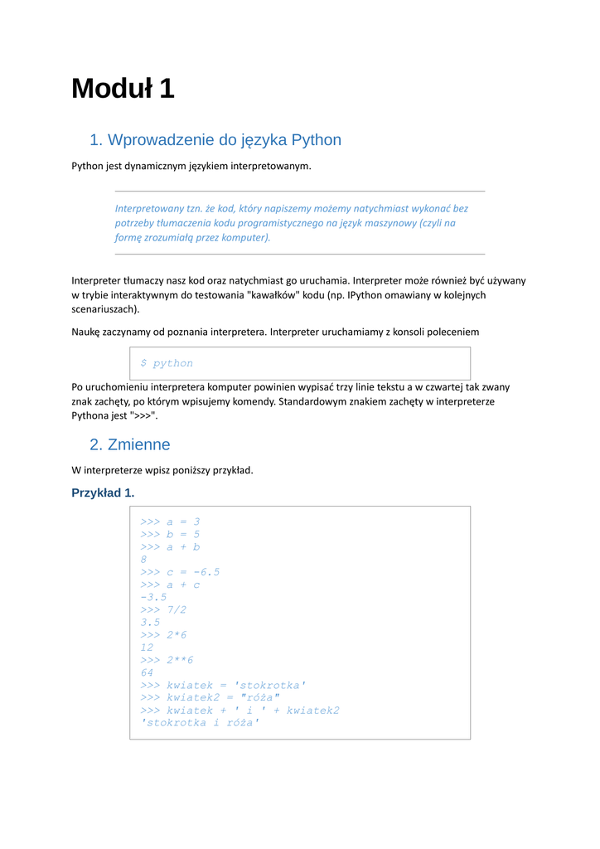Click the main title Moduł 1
pyautogui.click(x=123, y=88)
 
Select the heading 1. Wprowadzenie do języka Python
pyautogui.click(x=215, y=139)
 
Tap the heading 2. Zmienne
pyautogui.click(x=130, y=444)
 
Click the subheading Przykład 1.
pyautogui.click(x=103, y=492)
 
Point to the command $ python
pyautogui.click(x=167, y=363)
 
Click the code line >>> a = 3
pyautogui.click(x=171, y=522)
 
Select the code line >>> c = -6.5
pyautogui.click(x=181, y=572)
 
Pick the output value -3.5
pyautogui.click(x=154, y=597)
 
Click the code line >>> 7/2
pyautogui.click(x=164, y=609)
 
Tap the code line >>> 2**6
pyautogui.click(x=167, y=660)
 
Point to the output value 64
pyautogui.click(x=148, y=672)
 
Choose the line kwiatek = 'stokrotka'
pyautogui.click(x=224, y=685)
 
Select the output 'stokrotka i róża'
pyautogui.click(x=201, y=723)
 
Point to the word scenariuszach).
pyautogui.click(x=105, y=308)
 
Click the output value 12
pyautogui.click(x=148, y=648)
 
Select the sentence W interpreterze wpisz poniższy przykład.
pyautogui.click(x=162, y=470)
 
